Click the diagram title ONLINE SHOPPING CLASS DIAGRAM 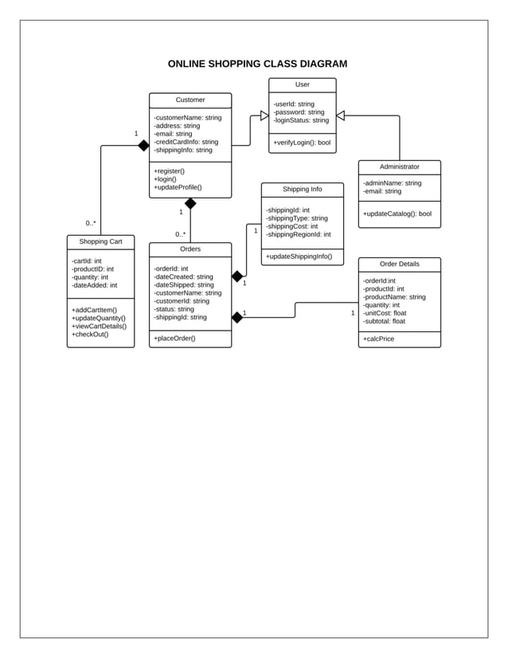tap(257, 64)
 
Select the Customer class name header tap(190, 100)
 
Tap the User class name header tap(302, 84)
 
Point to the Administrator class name tap(399, 166)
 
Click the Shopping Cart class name tap(100, 241)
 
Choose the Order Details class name tap(399, 264)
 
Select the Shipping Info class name tap(302, 190)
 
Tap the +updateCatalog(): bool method tap(397, 213)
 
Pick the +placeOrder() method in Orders tap(174, 339)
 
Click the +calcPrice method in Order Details tap(378, 339)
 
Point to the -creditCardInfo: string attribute tap(186, 142)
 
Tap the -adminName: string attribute tap(392, 182)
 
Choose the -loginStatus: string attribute tap(300, 120)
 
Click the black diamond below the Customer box tap(190, 203)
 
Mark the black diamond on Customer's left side tap(143, 146)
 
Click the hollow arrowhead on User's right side tap(341, 116)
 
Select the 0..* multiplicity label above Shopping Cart tap(91, 224)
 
